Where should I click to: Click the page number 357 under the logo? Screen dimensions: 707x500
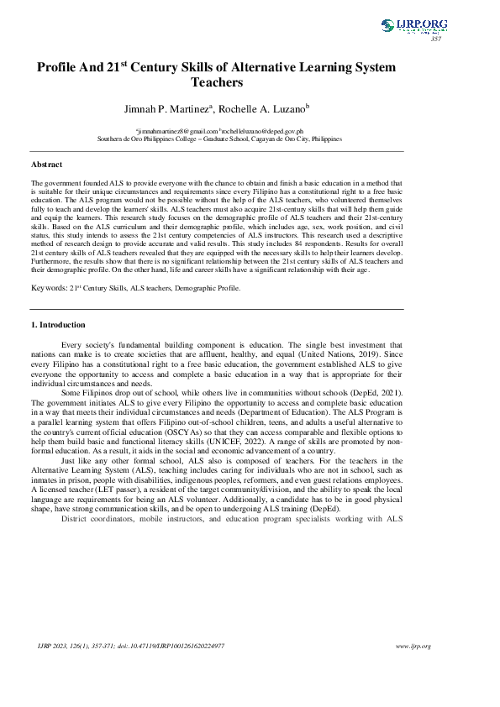pos(435,39)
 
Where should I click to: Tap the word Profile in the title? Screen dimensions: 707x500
pos(57,67)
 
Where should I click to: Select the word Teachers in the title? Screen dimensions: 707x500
pos(217,82)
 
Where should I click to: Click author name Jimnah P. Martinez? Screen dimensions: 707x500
pos(166,107)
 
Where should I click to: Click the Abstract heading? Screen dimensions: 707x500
pos(47,164)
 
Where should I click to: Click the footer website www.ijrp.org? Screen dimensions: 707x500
pos(413,646)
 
